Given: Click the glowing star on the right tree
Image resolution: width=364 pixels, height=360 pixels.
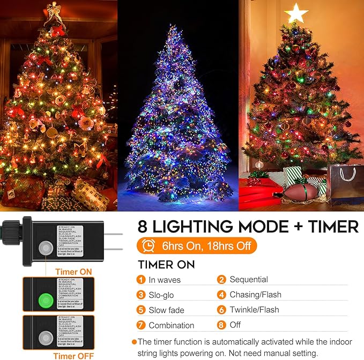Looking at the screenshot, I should coord(295,13).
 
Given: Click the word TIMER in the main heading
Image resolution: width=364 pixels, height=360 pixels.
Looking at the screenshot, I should coord(325,227).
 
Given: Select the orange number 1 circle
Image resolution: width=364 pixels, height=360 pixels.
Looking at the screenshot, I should coord(141,280).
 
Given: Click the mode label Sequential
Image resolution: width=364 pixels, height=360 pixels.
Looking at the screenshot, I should coord(248,280).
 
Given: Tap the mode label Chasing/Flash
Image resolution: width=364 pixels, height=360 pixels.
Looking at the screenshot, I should coord(255,295).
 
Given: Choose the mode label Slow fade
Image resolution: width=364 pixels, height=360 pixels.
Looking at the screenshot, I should coord(167,310).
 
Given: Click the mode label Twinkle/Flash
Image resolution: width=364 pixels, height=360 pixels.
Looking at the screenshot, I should coord(254,310).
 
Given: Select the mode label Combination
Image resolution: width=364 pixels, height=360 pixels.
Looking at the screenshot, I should coord(172,325).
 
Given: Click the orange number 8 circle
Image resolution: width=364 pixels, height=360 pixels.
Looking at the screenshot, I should coord(221,325).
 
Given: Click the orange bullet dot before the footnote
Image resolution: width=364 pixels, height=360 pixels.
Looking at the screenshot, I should coord(134,342).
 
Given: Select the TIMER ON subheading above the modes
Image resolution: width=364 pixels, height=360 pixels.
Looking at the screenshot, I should coord(166,265).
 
